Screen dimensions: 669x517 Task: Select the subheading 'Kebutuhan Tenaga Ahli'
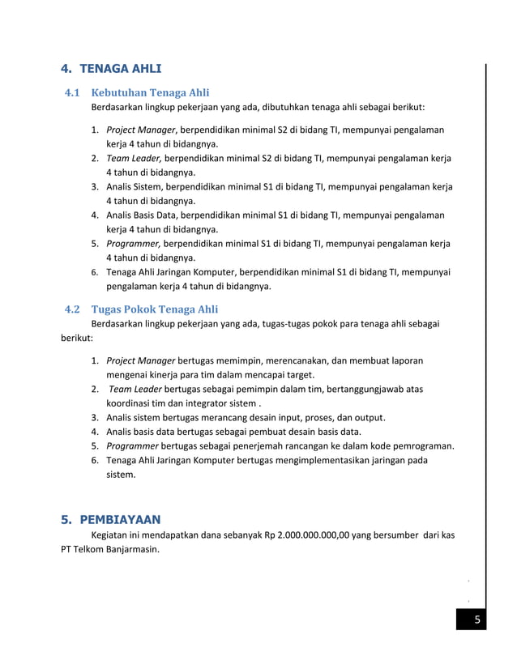[150, 92]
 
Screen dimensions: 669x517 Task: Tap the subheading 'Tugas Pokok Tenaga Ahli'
[154, 309]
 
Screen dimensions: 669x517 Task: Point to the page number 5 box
[477, 620]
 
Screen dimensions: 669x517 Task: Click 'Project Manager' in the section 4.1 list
[141, 130]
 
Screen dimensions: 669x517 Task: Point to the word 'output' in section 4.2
[367, 418]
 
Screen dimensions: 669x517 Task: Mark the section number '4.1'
[71, 92]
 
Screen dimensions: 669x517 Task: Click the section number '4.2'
[71, 309]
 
